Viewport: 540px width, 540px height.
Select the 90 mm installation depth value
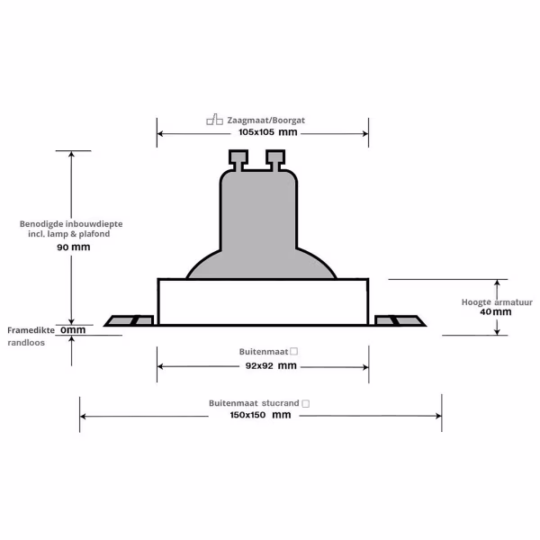74,247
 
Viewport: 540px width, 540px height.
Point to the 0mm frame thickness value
73,330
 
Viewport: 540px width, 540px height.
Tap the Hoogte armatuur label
497,302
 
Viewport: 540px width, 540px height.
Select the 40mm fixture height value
496,312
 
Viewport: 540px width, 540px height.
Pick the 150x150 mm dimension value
261,415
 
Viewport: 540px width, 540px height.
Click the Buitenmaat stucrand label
254,404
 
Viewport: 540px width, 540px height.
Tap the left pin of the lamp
240,161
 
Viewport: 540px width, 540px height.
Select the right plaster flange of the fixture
397,319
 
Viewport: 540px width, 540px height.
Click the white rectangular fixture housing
263,302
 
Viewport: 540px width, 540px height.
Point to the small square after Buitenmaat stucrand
306,404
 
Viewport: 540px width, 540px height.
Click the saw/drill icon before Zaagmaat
214,119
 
